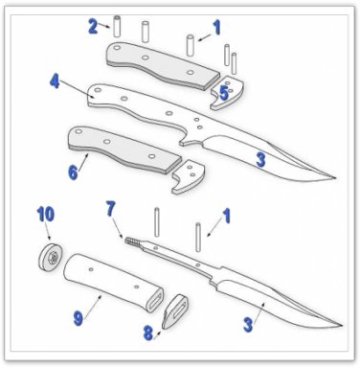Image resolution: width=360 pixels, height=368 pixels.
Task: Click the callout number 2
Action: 93,26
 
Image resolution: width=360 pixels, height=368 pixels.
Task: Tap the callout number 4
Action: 55,80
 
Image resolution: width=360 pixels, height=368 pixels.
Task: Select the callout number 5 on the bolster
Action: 224,93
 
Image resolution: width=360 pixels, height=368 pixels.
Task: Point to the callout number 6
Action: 73,172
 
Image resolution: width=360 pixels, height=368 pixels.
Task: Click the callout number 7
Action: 110,209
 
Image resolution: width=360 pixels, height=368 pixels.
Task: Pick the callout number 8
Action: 148,333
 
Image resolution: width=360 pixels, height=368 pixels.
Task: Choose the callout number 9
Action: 79,318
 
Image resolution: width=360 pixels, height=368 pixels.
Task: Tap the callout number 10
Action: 45,214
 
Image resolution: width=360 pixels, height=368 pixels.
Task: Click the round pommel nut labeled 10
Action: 51,257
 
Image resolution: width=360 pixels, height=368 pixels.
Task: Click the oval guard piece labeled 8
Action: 177,311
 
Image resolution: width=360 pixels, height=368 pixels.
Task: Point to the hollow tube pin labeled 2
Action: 117,25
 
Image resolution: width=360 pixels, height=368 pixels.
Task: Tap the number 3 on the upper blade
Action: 260,159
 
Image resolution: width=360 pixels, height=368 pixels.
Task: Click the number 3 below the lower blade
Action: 248,325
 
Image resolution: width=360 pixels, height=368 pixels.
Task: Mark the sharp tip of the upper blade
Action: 336,178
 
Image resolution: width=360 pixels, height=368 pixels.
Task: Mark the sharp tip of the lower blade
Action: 343,326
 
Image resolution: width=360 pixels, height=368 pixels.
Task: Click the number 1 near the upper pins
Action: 217,27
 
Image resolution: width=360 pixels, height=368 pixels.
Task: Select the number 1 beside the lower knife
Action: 226,216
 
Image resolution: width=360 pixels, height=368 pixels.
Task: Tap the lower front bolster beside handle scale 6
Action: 189,176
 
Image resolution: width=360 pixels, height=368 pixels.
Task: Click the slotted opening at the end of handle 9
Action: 155,300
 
